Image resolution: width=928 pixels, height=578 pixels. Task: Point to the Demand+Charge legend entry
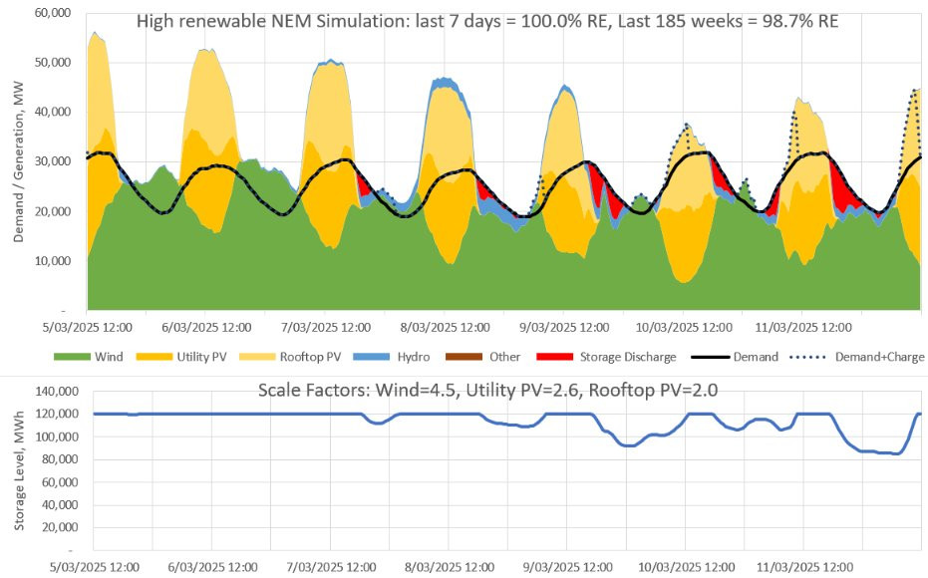(877, 357)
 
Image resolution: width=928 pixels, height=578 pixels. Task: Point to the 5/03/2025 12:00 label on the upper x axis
(83, 326)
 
